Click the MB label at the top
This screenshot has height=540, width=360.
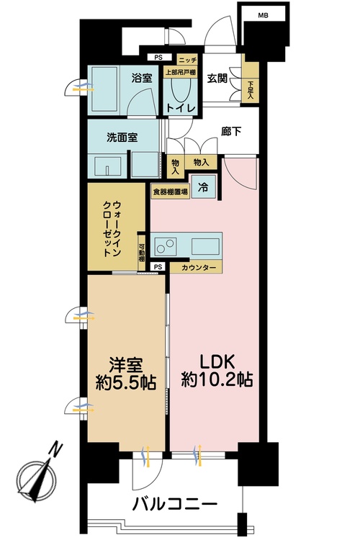[264, 16]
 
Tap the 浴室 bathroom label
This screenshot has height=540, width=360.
[141, 78]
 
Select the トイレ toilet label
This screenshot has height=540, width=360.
[181, 108]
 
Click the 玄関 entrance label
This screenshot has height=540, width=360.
[217, 78]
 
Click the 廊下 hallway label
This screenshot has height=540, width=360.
[230, 131]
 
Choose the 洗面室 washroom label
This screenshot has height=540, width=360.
[122, 138]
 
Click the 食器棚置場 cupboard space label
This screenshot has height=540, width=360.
[170, 191]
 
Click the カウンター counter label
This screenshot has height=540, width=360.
[199, 268]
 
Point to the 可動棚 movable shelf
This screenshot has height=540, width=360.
[141, 253]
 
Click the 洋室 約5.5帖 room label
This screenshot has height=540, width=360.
[126, 373]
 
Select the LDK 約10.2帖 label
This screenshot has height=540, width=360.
[217, 371]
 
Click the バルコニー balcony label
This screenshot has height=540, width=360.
[175, 505]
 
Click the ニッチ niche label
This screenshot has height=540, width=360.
[187, 60]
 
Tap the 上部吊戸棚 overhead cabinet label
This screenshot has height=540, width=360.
[180, 72]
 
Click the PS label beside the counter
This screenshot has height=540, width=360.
[158, 266]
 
